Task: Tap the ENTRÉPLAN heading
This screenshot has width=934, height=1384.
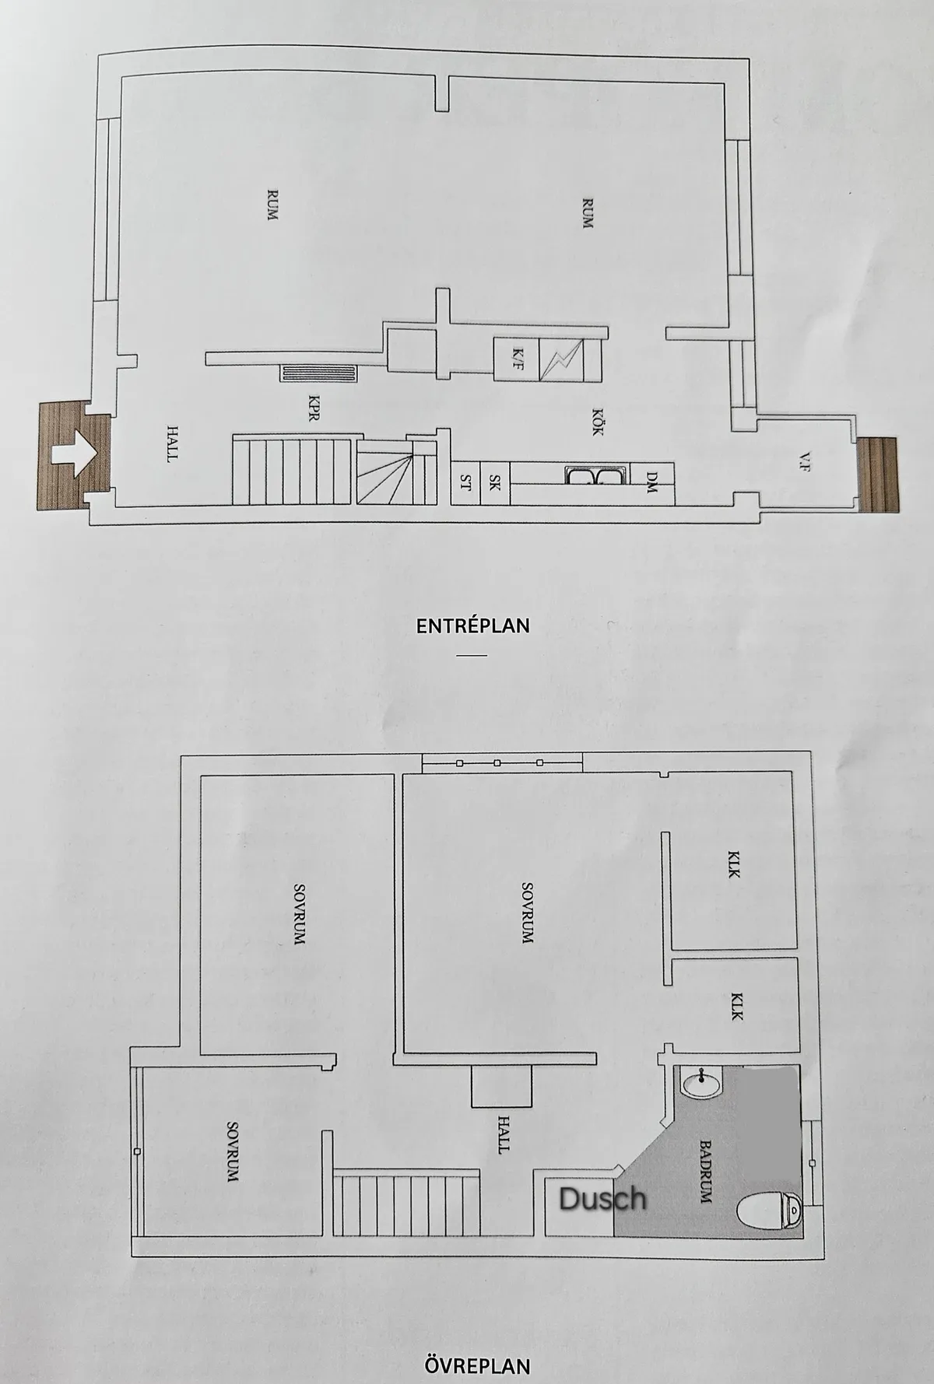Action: (472, 625)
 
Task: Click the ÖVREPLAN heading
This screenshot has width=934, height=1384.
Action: (478, 1365)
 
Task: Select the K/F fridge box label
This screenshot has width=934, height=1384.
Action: (517, 359)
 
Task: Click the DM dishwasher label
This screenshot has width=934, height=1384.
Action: (652, 482)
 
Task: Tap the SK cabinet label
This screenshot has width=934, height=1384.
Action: (494, 482)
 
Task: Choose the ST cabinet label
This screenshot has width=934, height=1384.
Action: (466, 482)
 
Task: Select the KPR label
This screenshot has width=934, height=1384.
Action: (314, 408)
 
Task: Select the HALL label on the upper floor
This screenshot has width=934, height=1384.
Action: (504, 1133)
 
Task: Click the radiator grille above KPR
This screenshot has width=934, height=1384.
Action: (319, 374)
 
